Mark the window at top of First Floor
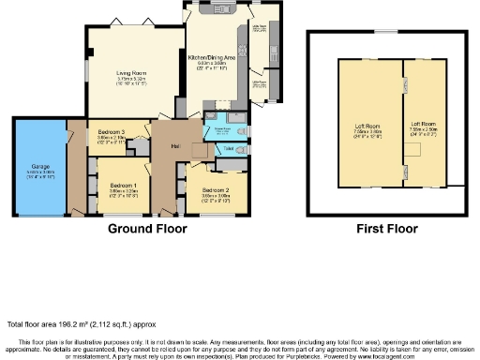click(x=386, y=31)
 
